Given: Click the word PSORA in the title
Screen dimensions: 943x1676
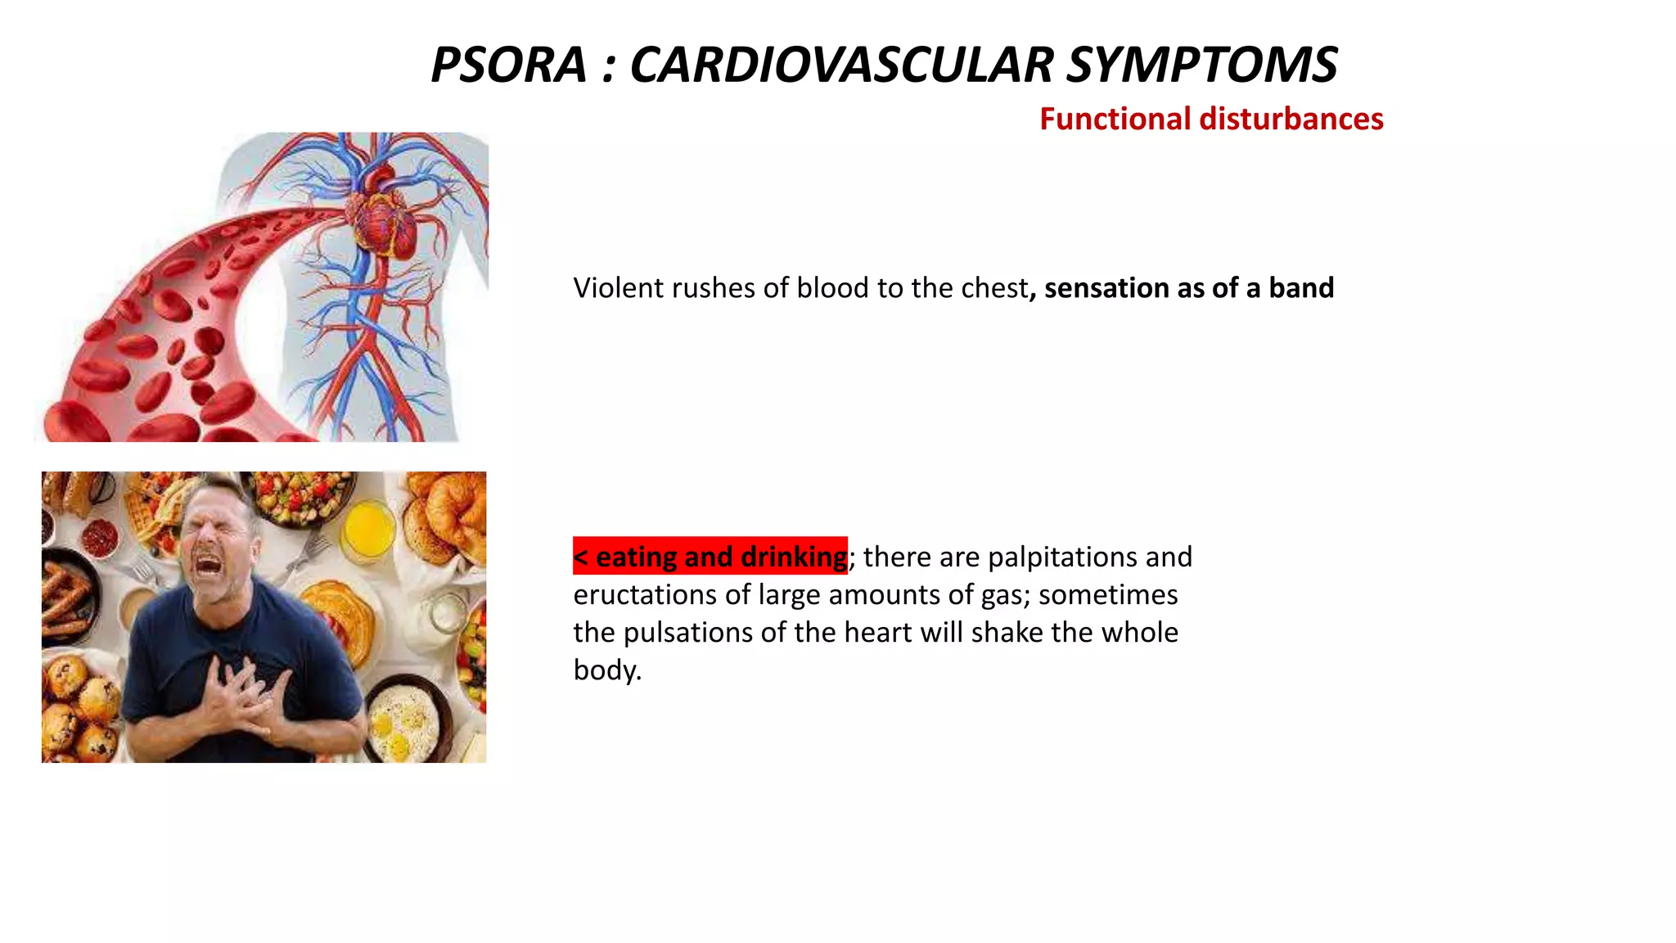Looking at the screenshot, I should point(508,65).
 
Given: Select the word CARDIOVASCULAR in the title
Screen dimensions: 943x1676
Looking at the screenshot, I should point(841,65).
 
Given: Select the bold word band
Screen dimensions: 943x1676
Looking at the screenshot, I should point(1301,288).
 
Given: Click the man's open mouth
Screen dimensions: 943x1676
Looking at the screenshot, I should point(208,564).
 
